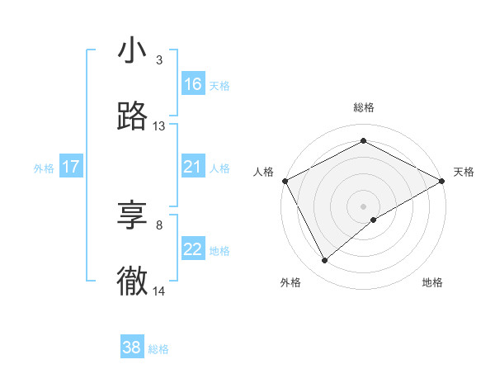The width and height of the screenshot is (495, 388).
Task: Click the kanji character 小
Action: tap(132, 51)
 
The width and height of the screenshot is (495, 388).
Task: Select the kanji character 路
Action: tap(132, 117)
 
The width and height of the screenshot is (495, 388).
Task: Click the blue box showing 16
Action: tap(193, 84)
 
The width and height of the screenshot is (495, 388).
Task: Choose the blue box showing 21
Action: tap(193, 167)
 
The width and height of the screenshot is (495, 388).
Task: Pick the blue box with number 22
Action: tap(193, 249)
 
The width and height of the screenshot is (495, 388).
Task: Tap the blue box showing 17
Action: tap(70, 167)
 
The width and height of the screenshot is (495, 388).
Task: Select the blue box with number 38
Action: tap(132, 348)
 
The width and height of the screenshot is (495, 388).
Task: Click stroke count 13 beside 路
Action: tap(159, 126)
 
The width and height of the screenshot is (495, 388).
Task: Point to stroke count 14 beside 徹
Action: tap(159, 291)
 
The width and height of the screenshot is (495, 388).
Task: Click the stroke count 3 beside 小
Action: tap(159, 60)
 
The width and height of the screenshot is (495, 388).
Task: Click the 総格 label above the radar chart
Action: tap(364, 107)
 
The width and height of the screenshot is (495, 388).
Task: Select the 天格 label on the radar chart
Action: tap(464, 172)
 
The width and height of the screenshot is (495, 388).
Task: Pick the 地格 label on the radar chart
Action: tap(432, 282)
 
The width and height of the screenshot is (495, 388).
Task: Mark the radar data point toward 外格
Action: tap(325, 260)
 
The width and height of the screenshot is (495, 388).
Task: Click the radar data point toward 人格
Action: tap(285, 180)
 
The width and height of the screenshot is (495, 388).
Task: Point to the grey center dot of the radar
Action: tap(364, 206)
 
